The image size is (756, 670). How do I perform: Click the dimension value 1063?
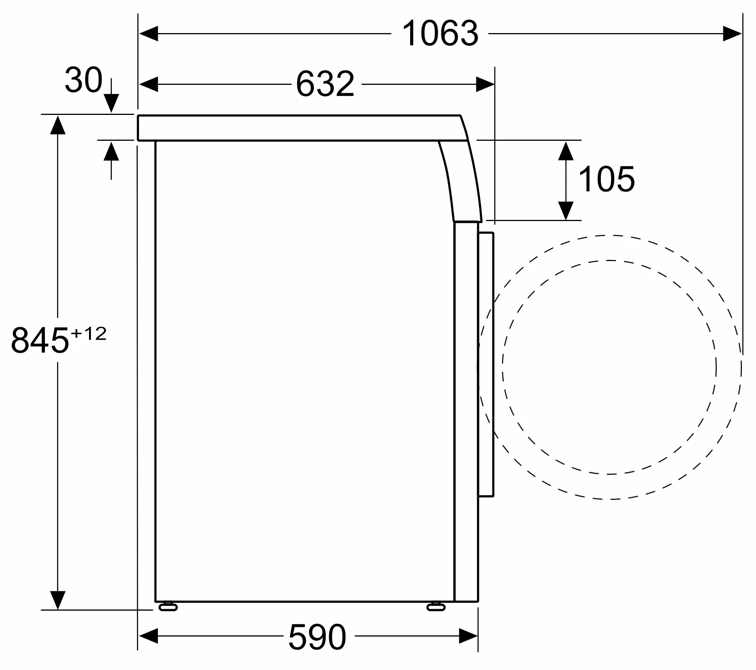(x=440, y=34)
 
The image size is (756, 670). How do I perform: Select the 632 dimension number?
(x=325, y=84)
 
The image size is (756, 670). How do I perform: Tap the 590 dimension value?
(x=317, y=637)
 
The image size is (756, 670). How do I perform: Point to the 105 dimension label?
(x=606, y=179)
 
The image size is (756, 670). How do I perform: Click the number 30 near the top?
(x=84, y=80)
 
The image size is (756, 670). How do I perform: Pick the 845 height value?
(x=40, y=340)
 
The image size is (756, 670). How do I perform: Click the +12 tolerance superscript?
(x=89, y=334)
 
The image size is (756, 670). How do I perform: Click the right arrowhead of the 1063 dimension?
(x=732, y=34)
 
